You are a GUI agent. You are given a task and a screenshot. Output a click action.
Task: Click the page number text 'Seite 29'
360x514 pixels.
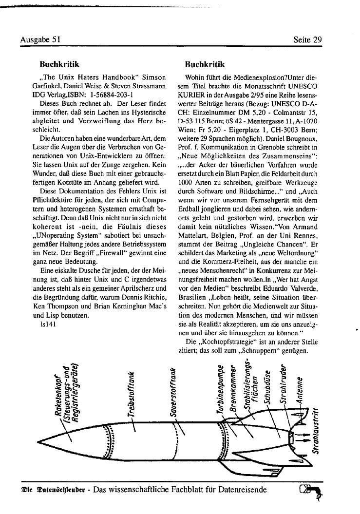[x=308, y=40]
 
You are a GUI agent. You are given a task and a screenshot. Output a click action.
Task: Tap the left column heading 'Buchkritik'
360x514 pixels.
[x=59, y=64]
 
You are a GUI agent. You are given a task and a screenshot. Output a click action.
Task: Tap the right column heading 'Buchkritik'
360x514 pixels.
[x=205, y=64]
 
